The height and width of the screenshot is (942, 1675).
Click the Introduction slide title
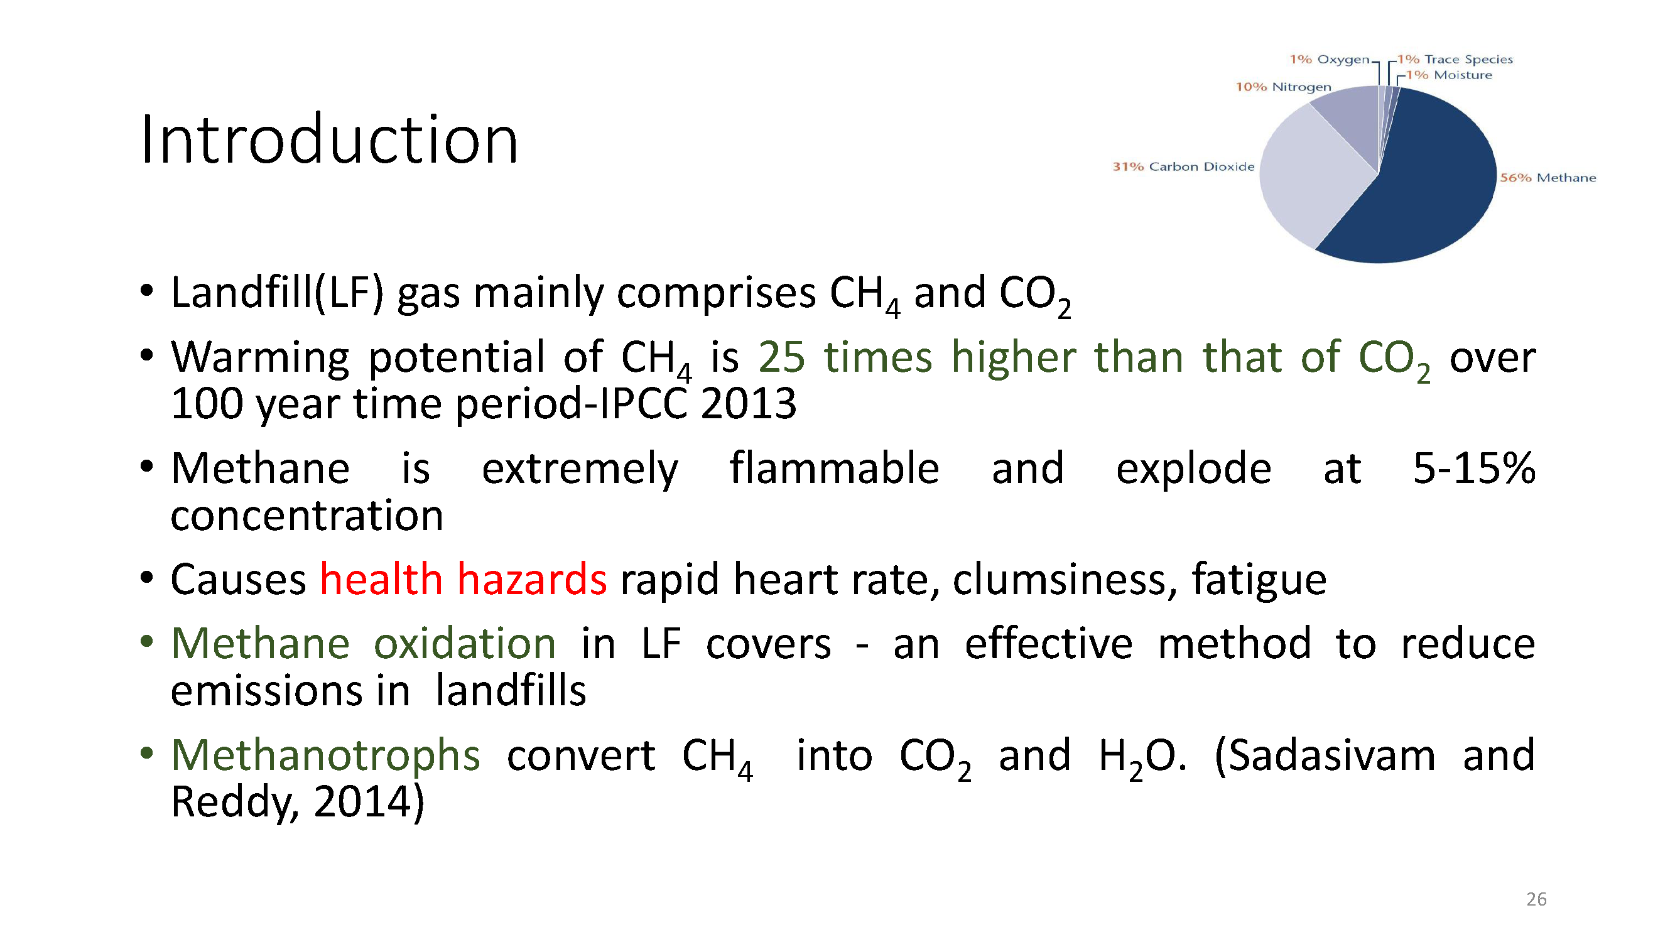[329, 139]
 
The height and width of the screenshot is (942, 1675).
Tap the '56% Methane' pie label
[1548, 178]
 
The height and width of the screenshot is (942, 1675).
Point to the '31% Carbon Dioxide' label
[1183, 166]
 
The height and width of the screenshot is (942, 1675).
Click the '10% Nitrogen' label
[1284, 87]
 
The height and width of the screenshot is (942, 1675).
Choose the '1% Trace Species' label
[1455, 59]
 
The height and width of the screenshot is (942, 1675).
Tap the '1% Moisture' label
[1449, 75]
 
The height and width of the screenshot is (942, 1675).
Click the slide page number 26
[1536, 899]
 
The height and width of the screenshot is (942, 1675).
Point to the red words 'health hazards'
[463, 578]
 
